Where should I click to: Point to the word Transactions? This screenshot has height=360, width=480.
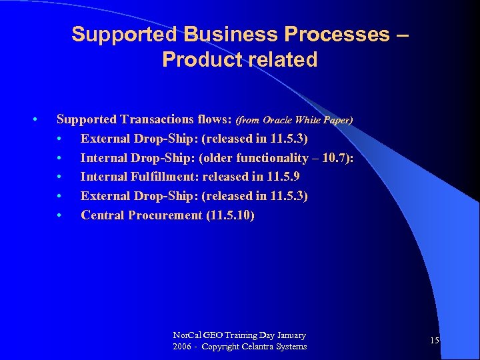click(157, 119)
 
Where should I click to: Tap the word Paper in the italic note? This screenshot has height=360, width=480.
click(336, 121)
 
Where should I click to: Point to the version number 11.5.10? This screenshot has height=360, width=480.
click(231, 215)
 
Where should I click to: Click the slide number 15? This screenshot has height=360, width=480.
click(434, 341)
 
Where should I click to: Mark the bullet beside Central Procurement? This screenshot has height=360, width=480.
click(60, 215)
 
